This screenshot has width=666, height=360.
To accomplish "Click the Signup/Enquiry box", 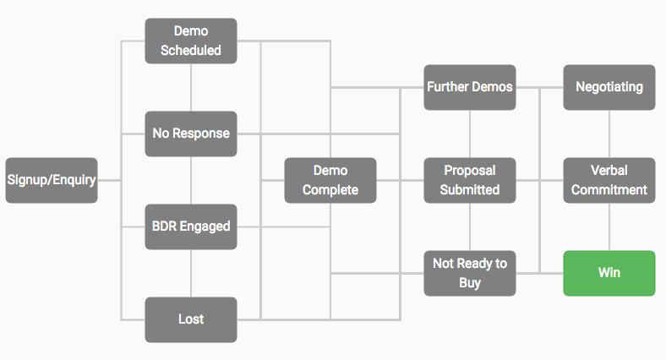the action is tap(52, 181).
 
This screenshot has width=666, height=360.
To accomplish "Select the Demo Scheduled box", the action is tap(191, 41).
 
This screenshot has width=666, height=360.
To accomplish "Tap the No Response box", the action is tap(191, 134).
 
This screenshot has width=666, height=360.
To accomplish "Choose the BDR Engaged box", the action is tap(191, 226).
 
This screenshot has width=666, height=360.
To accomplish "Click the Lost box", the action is tap(191, 319).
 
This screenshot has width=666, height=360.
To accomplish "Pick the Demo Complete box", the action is tap(330, 181).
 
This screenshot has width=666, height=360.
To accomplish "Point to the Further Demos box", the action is tap(470, 87).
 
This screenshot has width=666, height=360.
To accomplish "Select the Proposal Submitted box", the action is tap(470, 181).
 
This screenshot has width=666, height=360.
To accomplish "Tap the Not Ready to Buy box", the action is tap(470, 274).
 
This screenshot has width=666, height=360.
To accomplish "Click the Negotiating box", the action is tap(609, 87).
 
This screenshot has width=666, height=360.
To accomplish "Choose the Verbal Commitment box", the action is tap(609, 181).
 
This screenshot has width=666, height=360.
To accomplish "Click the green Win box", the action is tap(609, 274).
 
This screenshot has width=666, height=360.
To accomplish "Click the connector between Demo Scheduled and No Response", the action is tap(191, 87).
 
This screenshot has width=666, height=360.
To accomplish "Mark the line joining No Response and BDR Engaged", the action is tap(191, 181).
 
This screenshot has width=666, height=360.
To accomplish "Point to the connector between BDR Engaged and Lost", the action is tap(191, 274).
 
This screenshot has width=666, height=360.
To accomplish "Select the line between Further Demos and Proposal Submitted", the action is tap(470, 134).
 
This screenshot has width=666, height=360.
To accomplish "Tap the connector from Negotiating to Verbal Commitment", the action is tap(609, 134).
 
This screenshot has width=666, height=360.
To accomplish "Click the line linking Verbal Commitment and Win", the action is tap(609, 226).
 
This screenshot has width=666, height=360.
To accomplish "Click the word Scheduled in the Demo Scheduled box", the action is tap(191, 50).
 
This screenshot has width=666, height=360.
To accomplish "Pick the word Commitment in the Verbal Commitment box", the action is tap(609, 190).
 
